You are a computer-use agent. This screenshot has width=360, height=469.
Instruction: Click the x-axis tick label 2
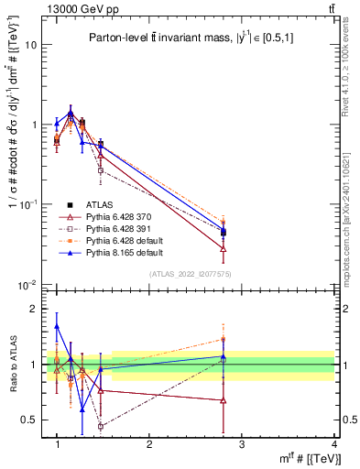tap(149, 445)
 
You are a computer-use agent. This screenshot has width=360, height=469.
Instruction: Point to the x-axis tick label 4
tap(333, 445)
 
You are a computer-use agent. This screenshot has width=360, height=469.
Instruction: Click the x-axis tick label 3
tap(241, 445)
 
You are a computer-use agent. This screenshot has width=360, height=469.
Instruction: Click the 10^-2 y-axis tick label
tap(27, 284)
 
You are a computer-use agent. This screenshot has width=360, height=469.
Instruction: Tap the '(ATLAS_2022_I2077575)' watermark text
tap(191, 275)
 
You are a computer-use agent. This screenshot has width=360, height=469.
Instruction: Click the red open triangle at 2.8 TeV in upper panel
tap(224, 248)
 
